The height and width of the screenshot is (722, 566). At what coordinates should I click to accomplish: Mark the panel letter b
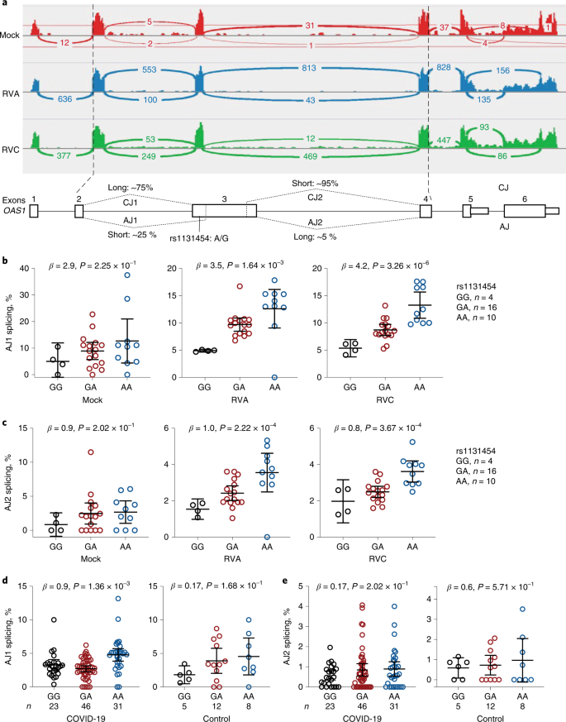5,261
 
